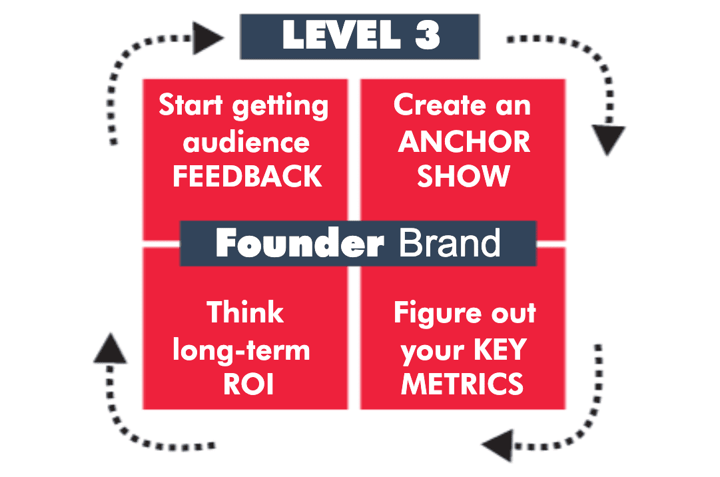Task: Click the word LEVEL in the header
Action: pos(342,35)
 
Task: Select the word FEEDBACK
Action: pos(247,177)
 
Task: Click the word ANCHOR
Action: pos(464,142)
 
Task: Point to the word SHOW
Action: pos(464,177)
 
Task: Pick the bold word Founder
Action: pos(299,243)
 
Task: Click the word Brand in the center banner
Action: pos(450,243)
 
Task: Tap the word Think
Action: pos(245,312)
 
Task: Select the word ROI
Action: pos(248,384)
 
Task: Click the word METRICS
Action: pos(462,384)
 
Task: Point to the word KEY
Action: pos(500,349)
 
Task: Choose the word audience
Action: pos(246,142)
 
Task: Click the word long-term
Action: pos(242,351)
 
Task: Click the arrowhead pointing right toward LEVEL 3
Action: pos(208,38)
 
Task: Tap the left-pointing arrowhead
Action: pos(498,445)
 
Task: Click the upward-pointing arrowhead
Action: pos(110,348)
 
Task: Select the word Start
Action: pos(190,105)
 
